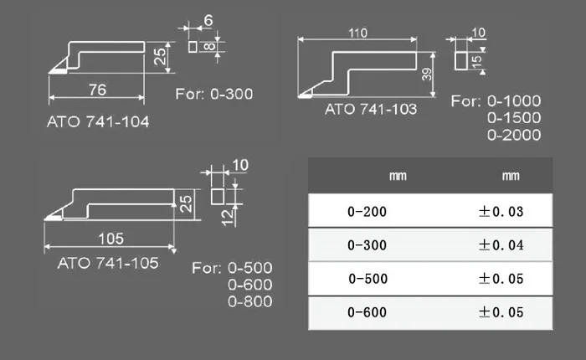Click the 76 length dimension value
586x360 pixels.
tap(97, 90)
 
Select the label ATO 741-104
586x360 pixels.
tap(98, 122)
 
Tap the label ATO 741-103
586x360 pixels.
tap(371, 109)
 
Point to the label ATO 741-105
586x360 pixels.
tap(108, 263)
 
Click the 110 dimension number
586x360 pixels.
tap(358, 33)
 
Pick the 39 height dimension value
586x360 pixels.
tap(427, 74)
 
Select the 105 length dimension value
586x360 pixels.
tap(111, 239)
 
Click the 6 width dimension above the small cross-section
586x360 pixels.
tap(208, 20)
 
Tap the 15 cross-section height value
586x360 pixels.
tap(476, 62)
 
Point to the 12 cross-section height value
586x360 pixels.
tap(228, 218)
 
